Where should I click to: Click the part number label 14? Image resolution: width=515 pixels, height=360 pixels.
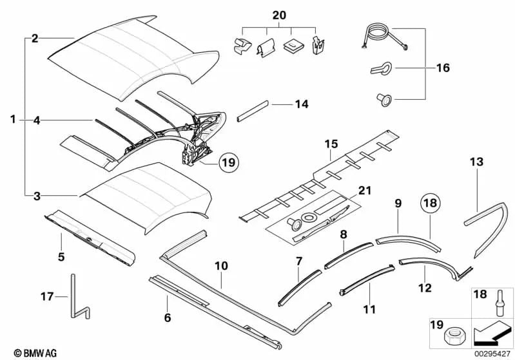[x=302, y=104]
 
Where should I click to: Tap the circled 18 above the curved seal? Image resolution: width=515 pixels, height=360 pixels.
[x=431, y=203]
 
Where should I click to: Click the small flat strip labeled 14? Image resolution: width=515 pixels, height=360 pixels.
[x=253, y=114]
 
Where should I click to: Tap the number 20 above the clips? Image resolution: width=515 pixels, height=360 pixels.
[x=278, y=14]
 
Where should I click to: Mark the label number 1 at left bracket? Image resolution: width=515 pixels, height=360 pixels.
[x=13, y=119]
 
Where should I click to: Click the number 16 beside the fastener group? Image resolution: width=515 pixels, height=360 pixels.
[x=442, y=68]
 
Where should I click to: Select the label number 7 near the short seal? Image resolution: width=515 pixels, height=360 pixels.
[x=298, y=261]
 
